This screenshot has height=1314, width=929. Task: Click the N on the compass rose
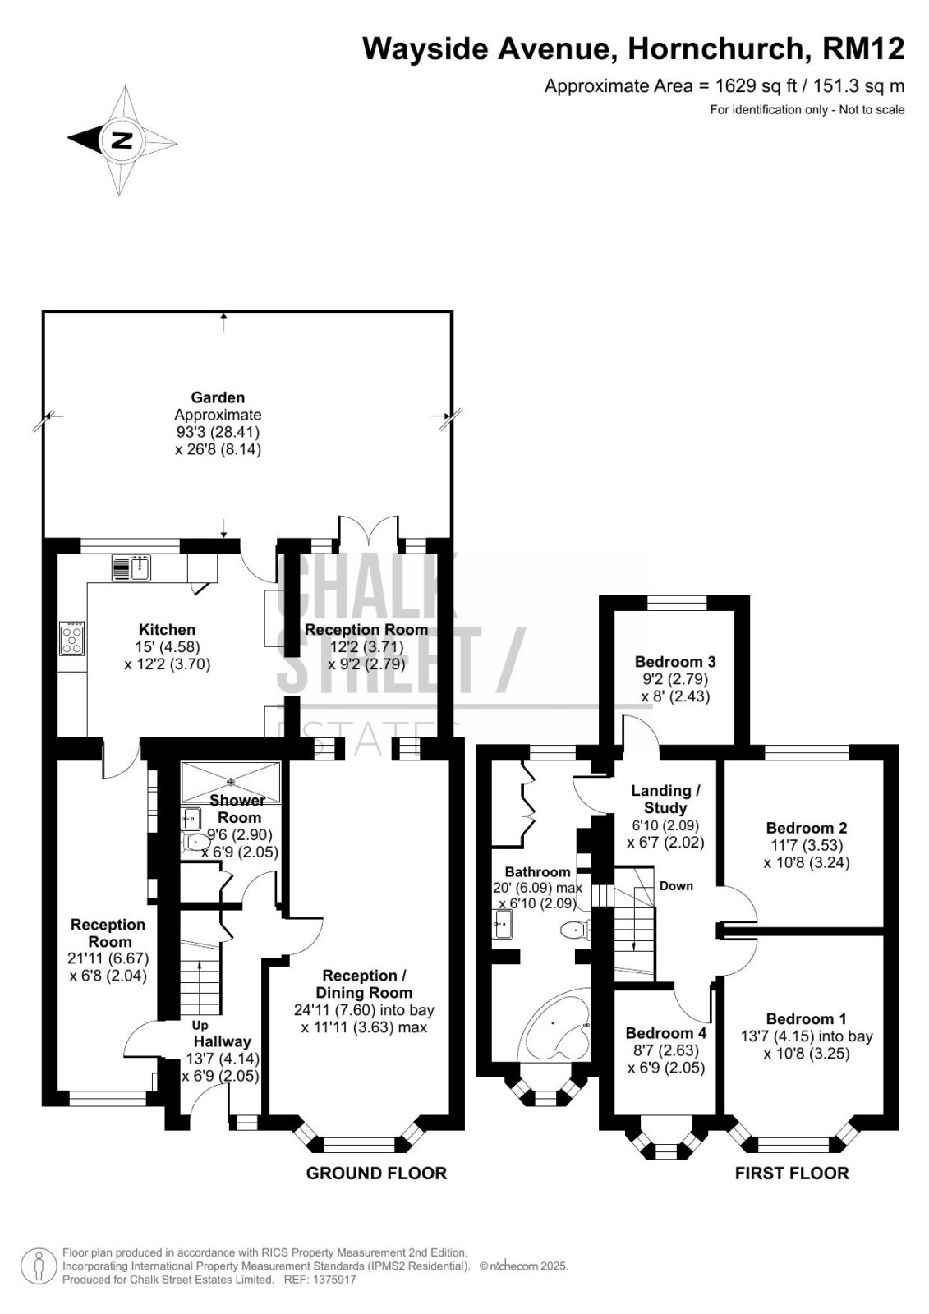tap(122, 140)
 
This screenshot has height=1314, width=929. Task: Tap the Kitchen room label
tap(168, 629)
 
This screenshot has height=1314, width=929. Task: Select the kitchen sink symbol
tap(131, 567)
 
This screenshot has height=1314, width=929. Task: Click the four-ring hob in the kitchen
tap(71, 638)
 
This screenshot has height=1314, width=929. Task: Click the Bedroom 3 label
tap(675, 662)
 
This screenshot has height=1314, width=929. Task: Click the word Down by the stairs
tap(676, 886)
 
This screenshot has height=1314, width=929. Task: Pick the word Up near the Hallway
tap(200, 1026)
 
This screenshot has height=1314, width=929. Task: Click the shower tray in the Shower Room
tap(231, 782)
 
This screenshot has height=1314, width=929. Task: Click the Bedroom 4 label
tap(666, 1033)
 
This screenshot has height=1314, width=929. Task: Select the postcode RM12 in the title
tap(862, 48)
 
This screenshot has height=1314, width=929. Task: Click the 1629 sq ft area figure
tap(756, 86)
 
